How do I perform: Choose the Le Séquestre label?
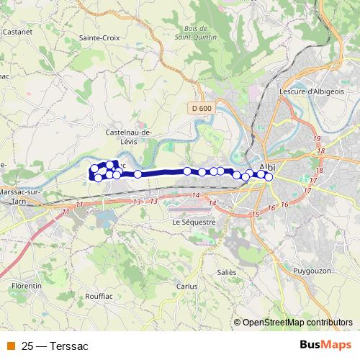[x=194, y=222]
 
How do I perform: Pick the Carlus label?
[x=186, y=286]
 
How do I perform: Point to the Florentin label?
[x=27, y=286]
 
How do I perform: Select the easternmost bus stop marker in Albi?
[x=269, y=177]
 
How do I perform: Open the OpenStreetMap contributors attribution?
[x=297, y=323]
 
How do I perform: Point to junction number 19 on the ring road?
[x=317, y=138]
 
